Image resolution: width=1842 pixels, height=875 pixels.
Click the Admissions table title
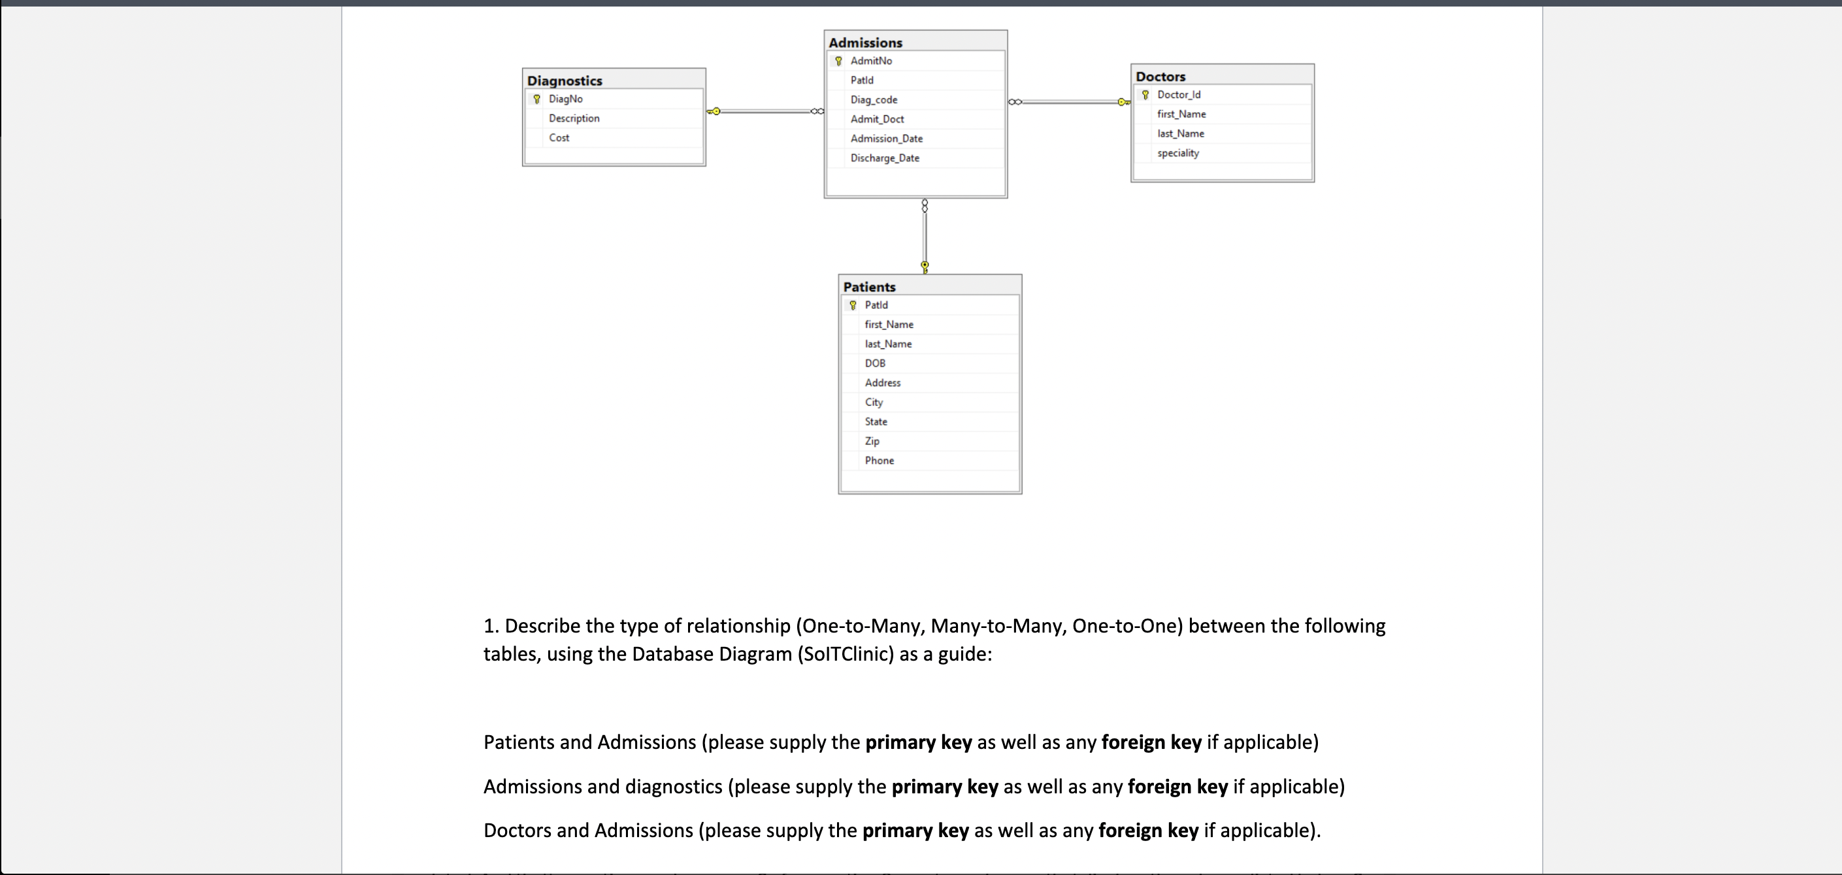pyautogui.click(x=865, y=42)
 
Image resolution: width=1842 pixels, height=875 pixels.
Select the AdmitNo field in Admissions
pyautogui.click(x=871, y=61)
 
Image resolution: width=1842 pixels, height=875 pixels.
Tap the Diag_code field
pyautogui.click(x=874, y=99)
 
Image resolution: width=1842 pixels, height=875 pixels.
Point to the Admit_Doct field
pyautogui.click(x=877, y=119)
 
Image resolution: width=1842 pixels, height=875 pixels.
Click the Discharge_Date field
pyautogui.click(x=885, y=158)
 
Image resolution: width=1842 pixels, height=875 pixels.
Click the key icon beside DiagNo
pyautogui.click(x=537, y=99)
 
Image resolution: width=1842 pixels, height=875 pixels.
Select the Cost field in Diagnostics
pyautogui.click(x=559, y=137)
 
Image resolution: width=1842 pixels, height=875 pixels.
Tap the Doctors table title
pyautogui.click(x=1160, y=76)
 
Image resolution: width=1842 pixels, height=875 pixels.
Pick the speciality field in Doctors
pyautogui.click(x=1177, y=153)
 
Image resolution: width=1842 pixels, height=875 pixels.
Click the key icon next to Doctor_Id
pyautogui.click(x=1145, y=94)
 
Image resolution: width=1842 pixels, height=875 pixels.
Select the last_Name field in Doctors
pyautogui.click(x=1181, y=134)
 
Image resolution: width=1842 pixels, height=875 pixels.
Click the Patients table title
pyautogui.click(x=869, y=287)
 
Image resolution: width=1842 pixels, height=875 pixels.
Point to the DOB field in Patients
pyautogui.click(x=874, y=363)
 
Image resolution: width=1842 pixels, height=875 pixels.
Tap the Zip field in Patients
pyautogui.click(x=872, y=441)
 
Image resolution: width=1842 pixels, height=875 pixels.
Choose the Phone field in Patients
pyautogui.click(x=879, y=461)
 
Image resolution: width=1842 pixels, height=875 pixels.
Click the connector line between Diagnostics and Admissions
pyautogui.click(x=765, y=112)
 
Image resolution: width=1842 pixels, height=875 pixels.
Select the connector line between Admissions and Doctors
pyautogui.click(x=1070, y=102)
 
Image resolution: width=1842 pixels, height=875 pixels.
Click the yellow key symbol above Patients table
pyautogui.click(x=925, y=267)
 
